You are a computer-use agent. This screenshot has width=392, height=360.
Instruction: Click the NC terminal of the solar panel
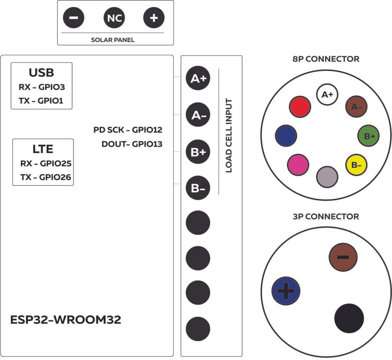pos(114,18)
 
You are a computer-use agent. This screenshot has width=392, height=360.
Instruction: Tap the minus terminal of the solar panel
pos(73,18)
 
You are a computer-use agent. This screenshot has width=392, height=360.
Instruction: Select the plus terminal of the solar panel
pos(154,18)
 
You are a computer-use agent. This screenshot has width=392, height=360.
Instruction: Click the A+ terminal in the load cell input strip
pos(198,79)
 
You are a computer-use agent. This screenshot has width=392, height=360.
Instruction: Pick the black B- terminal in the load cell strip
pos(198,188)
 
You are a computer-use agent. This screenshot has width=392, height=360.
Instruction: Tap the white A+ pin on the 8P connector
pos(327,95)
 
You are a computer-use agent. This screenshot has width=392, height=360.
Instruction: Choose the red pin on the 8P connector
pos(300,106)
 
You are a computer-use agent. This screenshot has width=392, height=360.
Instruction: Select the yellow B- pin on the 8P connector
pos(356,165)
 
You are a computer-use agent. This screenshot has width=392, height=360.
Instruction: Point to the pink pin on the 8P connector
pos(298,164)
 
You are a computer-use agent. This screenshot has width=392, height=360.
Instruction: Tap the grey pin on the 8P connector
pos(327,176)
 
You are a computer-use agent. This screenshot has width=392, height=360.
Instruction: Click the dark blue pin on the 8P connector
pos(286,135)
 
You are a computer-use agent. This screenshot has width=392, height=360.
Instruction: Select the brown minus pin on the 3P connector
pos(343,257)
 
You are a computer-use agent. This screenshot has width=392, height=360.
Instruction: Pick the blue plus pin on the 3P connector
pos(286,291)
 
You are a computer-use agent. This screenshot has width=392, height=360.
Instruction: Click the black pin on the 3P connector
pos(349,319)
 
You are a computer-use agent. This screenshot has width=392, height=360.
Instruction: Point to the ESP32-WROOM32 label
pos(66,320)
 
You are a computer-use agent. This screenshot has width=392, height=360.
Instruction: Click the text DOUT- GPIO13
pos(132,144)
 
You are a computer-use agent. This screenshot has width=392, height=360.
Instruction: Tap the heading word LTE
pos(42,149)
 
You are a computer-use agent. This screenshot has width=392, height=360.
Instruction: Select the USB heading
pos(41,73)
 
